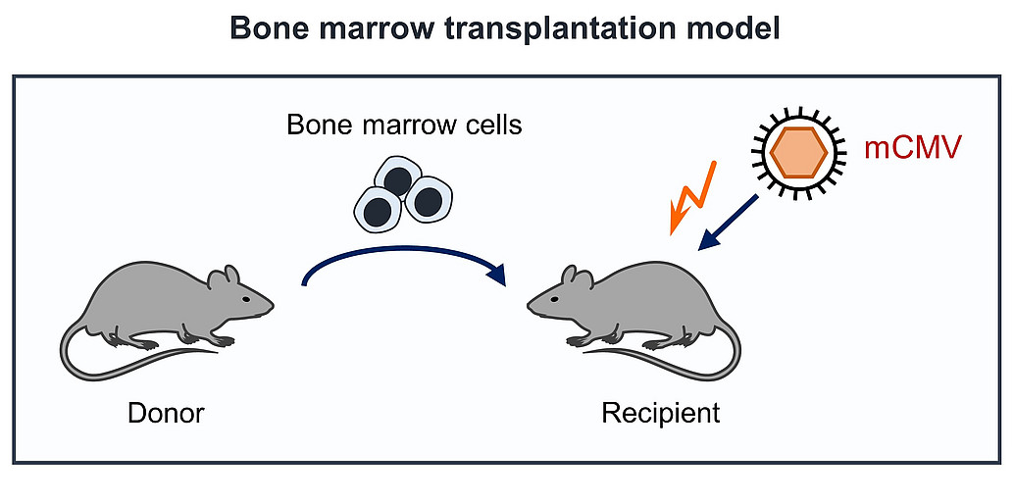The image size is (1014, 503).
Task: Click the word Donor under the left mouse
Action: [x=166, y=413]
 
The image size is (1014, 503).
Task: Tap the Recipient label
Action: [x=660, y=413]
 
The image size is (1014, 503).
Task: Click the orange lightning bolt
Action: [x=693, y=196]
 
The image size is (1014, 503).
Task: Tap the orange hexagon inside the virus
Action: [x=798, y=152]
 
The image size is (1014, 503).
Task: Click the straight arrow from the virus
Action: [x=729, y=222]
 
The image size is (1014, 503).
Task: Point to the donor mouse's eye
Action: [x=246, y=299]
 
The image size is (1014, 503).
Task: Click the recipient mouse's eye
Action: [x=554, y=299]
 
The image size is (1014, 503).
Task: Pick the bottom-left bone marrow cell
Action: [x=377, y=210]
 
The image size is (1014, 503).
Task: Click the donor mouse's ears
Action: [x=225, y=277]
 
